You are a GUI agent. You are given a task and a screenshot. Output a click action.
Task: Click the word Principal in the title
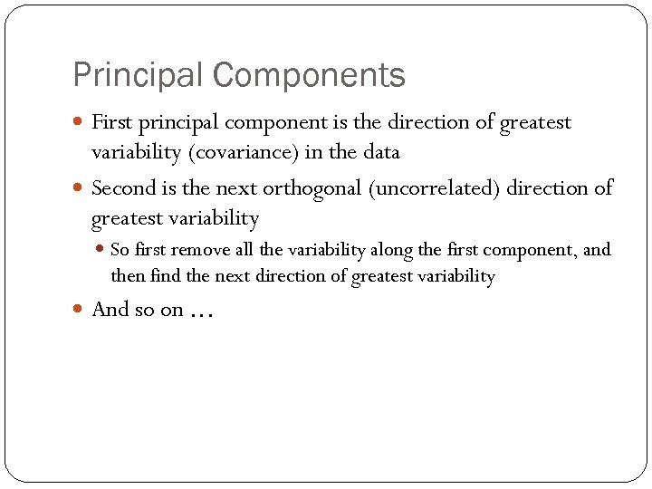coord(128,75)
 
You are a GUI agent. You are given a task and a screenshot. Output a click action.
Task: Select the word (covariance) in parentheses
coord(244,152)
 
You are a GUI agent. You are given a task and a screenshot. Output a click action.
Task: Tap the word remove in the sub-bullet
coord(201,250)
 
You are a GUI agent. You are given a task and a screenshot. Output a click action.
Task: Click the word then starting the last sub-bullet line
coord(126,276)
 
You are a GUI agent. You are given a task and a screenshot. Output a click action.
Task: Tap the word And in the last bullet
coord(110,310)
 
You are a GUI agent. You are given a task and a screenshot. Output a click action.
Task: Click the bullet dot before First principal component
coord(80,122)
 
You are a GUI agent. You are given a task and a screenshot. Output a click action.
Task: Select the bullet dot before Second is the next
coord(80,189)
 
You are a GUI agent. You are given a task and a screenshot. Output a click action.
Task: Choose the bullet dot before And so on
coord(80,311)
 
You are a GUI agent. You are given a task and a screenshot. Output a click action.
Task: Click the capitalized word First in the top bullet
coord(111,122)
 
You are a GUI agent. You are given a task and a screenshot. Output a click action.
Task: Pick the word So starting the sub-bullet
coord(120,250)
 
